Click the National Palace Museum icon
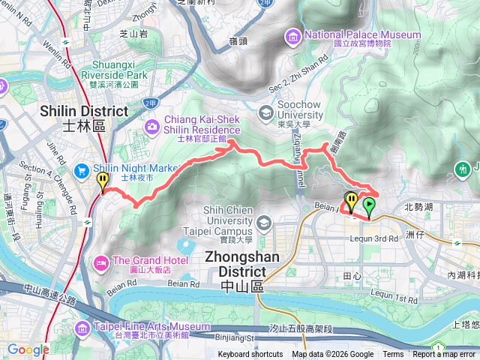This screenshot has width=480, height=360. (293, 35)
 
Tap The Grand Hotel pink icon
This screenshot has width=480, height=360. (100, 262)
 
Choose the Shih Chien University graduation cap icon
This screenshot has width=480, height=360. (264, 223)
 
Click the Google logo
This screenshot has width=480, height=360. (28, 349)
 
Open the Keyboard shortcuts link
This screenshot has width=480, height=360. (250, 355)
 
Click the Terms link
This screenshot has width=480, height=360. (393, 355)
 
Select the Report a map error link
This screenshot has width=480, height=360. (445, 355)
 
